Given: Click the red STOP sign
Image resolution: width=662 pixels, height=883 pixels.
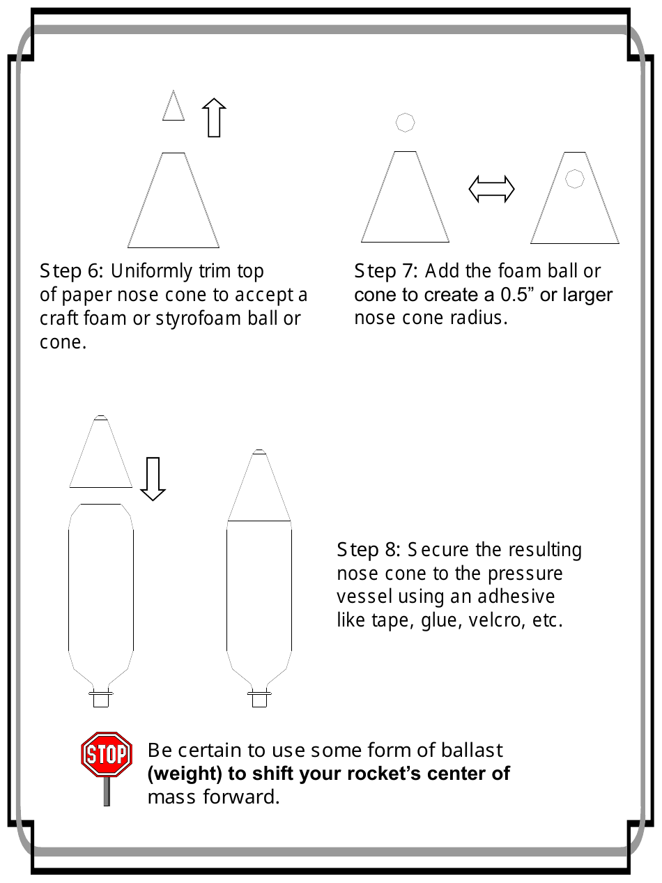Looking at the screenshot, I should (x=107, y=755).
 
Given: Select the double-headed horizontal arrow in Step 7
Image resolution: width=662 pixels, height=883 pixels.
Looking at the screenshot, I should (x=491, y=189).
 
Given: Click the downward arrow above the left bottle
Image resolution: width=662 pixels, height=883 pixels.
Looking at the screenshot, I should (x=153, y=479).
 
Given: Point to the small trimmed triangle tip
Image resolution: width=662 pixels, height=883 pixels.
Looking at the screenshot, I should (x=174, y=107).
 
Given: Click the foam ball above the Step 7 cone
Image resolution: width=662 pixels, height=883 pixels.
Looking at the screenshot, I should (x=405, y=122).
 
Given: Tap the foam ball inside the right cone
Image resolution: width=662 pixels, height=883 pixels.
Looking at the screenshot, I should (x=574, y=178).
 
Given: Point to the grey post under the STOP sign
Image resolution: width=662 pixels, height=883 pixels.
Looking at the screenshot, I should (x=107, y=792).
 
